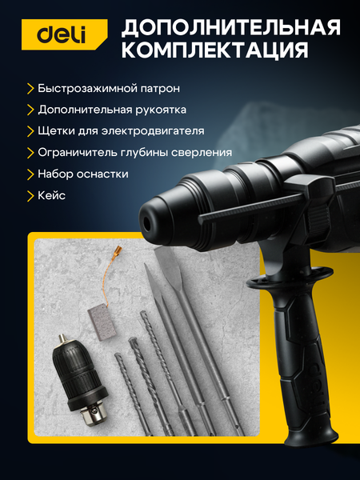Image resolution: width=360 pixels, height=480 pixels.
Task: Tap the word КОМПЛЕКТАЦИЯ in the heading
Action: (214, 52)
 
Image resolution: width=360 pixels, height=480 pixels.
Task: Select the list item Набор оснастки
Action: (82, 173)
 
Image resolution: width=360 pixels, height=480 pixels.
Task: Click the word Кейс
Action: (51, 194)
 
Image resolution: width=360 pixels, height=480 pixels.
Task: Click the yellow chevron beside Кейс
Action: (30, 194)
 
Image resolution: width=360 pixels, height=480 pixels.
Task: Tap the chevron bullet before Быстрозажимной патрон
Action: (30, 87)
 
